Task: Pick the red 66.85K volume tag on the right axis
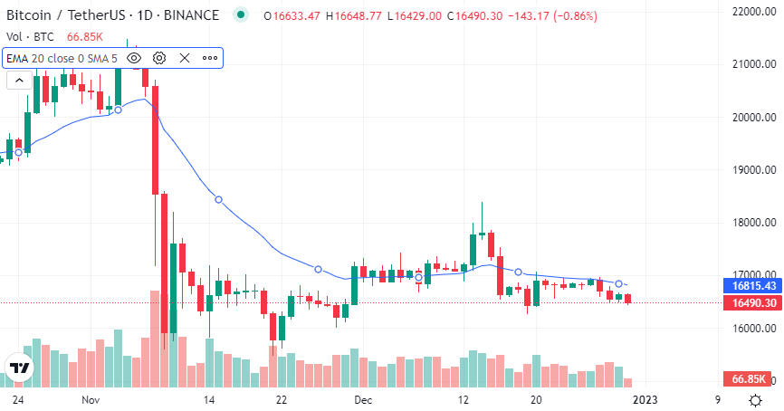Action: tap(751, 378)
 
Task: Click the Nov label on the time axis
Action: tap(89, 399)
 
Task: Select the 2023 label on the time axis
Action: tap(644, 399)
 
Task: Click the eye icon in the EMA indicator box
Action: tap(134, 58)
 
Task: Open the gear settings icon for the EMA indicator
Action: tap(159, 58)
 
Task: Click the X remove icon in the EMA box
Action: tap(185, 58)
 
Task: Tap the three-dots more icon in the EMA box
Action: tap(210, 58)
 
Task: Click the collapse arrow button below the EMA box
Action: tap(18, 80)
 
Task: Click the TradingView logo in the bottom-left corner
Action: tap(19, 368)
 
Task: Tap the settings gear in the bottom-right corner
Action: tap(755, 399)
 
